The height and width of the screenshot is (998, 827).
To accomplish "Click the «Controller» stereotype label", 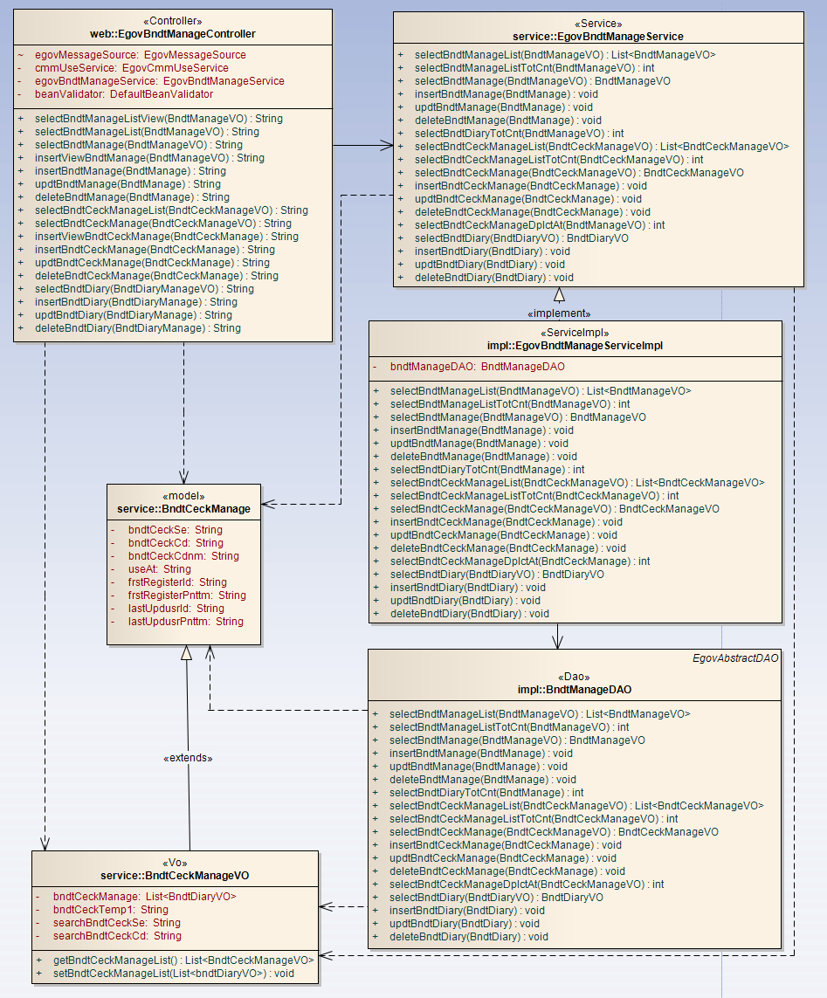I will point(173,21).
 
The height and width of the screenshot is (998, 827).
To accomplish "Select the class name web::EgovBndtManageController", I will point(173,34).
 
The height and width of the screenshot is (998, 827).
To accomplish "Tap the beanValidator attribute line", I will point(123,94).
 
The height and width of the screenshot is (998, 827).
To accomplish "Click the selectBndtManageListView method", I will point(158,119).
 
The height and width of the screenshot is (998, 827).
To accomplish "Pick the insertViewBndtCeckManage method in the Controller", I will point(166,237).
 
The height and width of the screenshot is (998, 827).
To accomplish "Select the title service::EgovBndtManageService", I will point(598,37).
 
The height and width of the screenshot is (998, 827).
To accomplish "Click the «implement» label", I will point(559,313).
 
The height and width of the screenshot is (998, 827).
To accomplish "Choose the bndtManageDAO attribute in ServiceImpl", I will point(477,368).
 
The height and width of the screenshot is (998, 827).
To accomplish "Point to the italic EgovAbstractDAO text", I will point(743,658).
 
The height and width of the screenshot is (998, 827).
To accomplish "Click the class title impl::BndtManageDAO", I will point(575,690).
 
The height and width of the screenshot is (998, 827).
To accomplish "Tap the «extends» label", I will point(188,758).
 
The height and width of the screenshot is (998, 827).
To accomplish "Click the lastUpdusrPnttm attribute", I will point(185,622).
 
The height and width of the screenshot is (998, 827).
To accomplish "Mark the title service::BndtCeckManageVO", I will point(175,876).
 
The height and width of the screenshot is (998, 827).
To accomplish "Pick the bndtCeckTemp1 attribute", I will point(110,910).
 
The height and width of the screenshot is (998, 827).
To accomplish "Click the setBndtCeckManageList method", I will point(173,974).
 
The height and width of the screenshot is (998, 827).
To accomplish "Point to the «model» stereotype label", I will point(183,496).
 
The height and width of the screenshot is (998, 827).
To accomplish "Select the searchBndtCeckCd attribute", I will point(117,936).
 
